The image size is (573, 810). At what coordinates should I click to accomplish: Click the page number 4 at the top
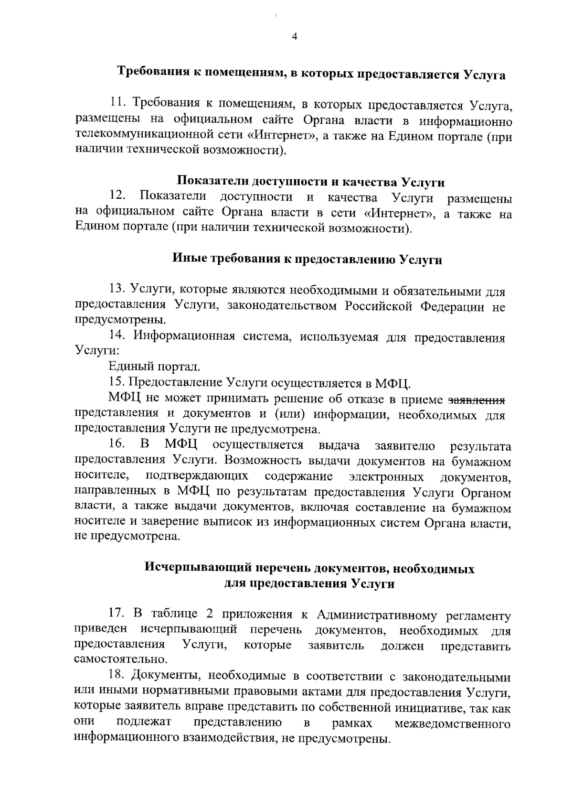(294, 37)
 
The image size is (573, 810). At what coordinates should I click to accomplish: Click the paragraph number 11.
(118, 102)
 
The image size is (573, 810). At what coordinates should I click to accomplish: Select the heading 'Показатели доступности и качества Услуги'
(311, 182)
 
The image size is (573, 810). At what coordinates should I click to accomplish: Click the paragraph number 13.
(117, 290)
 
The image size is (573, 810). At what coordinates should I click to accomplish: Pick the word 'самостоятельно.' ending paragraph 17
(121, 660)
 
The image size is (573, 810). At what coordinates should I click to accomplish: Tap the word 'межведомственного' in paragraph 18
(453, 723)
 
